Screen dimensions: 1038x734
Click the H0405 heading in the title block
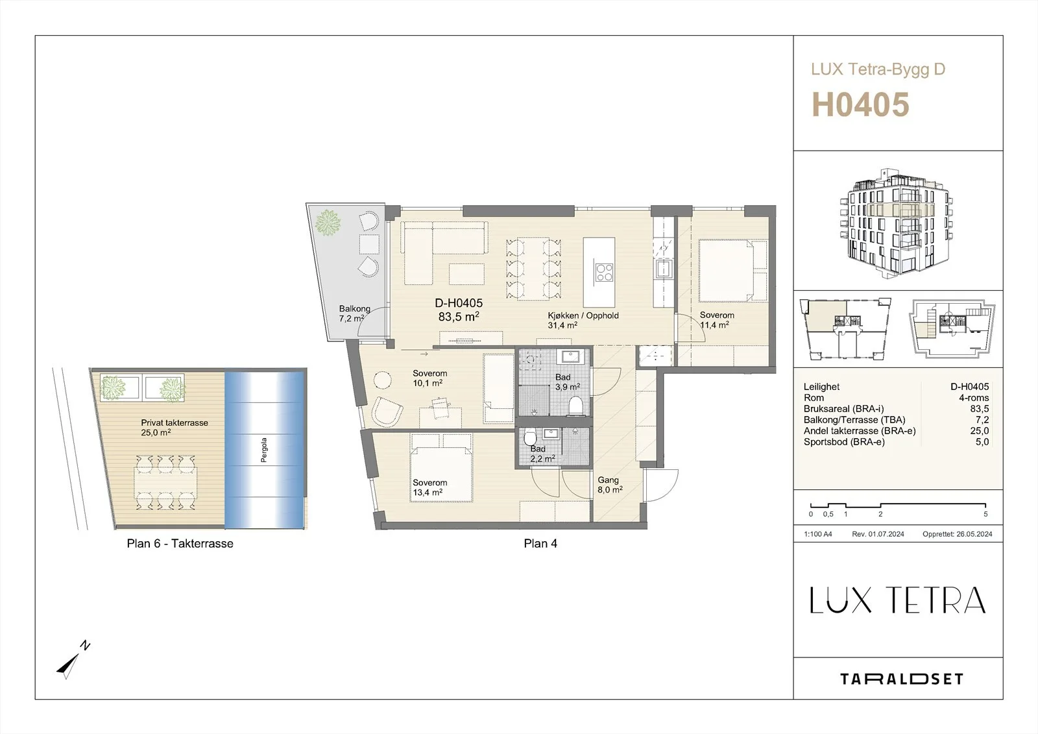point(860,104)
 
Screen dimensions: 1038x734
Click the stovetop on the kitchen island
point(604,272)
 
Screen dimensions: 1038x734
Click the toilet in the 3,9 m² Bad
point(575,406)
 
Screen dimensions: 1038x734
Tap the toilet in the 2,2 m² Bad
point(530,437)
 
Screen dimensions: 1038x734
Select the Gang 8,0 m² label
point(609,485)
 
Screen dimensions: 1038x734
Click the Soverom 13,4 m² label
point(429,487)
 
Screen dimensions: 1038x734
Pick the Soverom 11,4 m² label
point(717,320)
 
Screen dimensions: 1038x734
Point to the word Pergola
point(263,450)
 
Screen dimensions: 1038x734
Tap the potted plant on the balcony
point(328,223)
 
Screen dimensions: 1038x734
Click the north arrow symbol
point(73,660)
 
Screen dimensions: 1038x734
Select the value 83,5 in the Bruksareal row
point(980,408)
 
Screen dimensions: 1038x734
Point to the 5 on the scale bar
point(985,514)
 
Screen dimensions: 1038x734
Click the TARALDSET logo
point(901,679)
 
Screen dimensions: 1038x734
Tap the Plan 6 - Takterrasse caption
point(180,543)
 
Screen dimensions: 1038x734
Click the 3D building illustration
point(896,222)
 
